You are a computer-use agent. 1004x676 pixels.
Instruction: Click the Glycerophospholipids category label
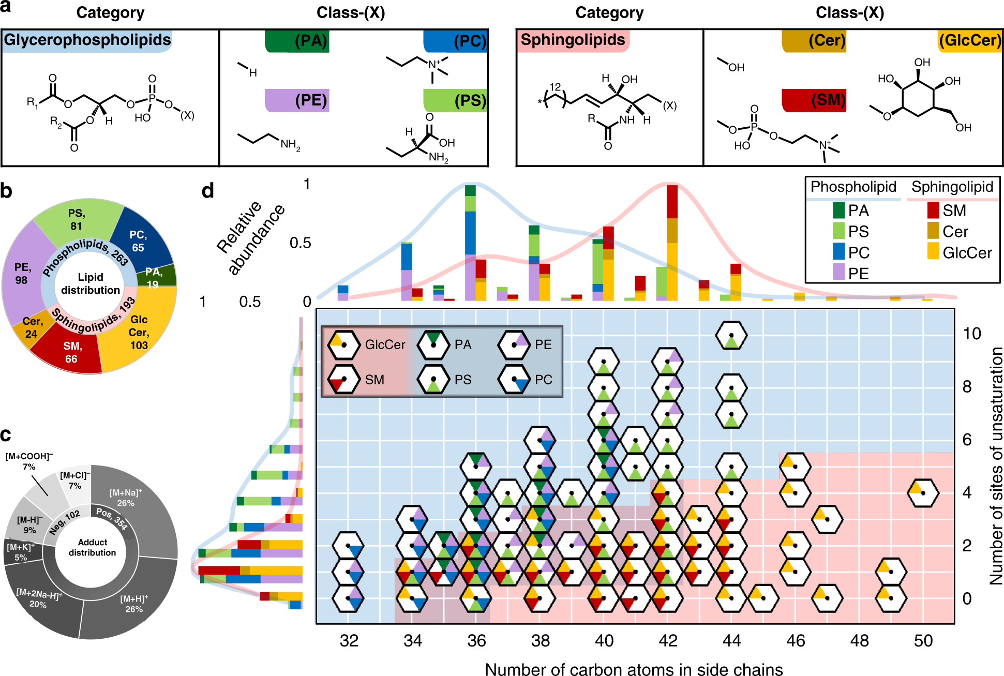[x=87, y=40]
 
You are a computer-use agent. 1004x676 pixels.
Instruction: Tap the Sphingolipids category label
[x=573, y=40]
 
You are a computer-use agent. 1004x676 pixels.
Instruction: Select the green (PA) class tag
[x=297, y=41]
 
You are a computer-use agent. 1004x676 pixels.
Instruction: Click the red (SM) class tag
[x=814, y=100]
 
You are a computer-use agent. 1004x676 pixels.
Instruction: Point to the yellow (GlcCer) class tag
[x=970, y=41]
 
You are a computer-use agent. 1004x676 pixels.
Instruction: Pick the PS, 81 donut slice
[x=77, y=220]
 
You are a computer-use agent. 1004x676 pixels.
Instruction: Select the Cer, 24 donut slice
[x=32, y=327]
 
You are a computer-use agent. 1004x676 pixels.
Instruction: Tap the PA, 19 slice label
[x=153, y=278]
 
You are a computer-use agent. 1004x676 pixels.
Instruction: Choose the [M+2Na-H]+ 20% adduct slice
[x=39, y=599]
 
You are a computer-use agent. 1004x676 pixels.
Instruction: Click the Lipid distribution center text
[x=91, y=283]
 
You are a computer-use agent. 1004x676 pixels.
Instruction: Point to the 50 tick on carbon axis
[x=923, y=641]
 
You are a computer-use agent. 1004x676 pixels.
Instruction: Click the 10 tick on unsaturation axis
[x=971, y=334]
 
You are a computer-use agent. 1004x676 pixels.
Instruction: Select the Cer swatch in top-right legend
[x=933, y=231]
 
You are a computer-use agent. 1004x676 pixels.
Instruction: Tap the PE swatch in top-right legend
[x=838, y=273]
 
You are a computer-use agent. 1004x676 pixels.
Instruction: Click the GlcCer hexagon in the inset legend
[x=344, y=344]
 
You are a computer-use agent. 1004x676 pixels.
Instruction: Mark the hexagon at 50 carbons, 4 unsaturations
[x=923, y=493]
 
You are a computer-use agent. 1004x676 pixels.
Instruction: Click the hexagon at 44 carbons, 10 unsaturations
[x=731, y=335]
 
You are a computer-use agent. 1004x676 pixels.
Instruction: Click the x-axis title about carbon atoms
[x=634, y=669]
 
